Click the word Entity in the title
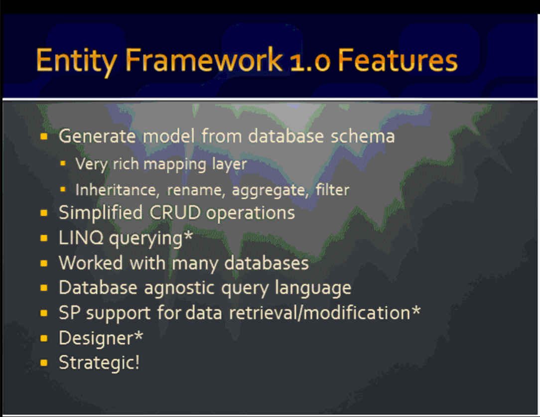(76, 61)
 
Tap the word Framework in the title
(204, 60)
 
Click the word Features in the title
(398, 60)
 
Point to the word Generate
(97, 137)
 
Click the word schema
(363, 136)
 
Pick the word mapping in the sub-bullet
(175, 164)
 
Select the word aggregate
(269, 190)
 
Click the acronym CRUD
(175, 212)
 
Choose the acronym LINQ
(81, 238)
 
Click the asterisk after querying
(188, 236)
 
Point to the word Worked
(91, 263)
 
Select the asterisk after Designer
(138, 335)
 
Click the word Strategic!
(99, 363)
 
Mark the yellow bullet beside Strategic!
(44, 363)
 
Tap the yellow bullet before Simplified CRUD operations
(44, 213)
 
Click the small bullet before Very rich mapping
(63, 163)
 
